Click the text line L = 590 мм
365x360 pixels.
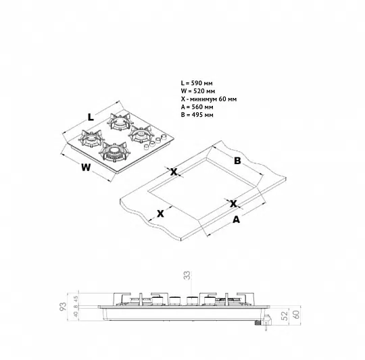pyautogui.click(x=197, y=83)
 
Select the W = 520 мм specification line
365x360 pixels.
pyautogui.click(x=198, y=91)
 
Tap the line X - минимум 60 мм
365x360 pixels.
pyautogui.click(x=209, y=99)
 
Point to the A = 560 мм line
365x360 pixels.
pyautogui.click(x=197, y=107)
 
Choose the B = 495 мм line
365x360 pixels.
pyautogui.click(x=197, y=115)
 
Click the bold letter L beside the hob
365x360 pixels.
pyautogui.click(x=91, y=117)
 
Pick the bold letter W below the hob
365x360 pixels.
pyautogui.click(x=86, y=168)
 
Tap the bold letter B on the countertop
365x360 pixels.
pyautogui.click(x=237, y=161)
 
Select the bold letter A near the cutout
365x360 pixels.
pyautogui.click(x=237, y=220)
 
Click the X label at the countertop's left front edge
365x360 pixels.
pyautogui.click(x=160, y=213)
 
